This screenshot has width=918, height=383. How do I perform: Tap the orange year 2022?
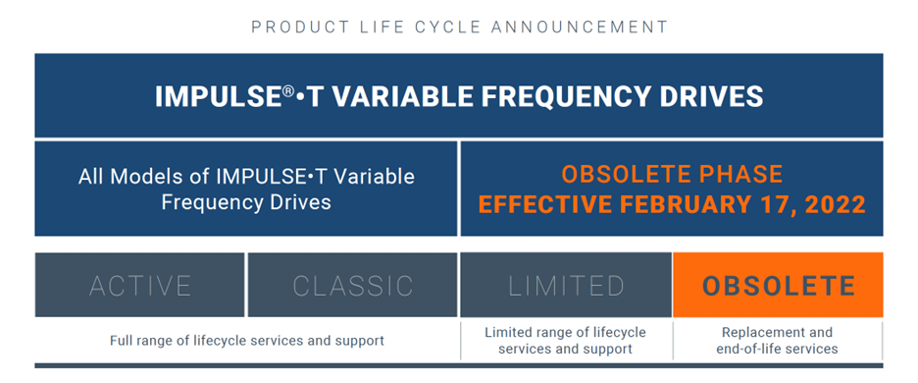[x=836, y=204]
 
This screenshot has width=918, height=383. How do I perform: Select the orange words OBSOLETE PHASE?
[x=672, y=174]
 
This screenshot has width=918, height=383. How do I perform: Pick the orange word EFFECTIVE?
[x=546, y=204]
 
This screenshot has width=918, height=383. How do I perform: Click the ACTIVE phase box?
[x=139, y=285]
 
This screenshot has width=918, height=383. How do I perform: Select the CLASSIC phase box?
[x=352, y=285]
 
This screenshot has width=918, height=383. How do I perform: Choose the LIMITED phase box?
[x=566, y=285]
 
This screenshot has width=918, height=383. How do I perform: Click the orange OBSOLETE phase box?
[x=778, y=285]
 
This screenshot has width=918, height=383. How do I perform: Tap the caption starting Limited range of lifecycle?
[x=566, y=341]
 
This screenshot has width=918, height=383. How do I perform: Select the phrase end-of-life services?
[x=778, y=349]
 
